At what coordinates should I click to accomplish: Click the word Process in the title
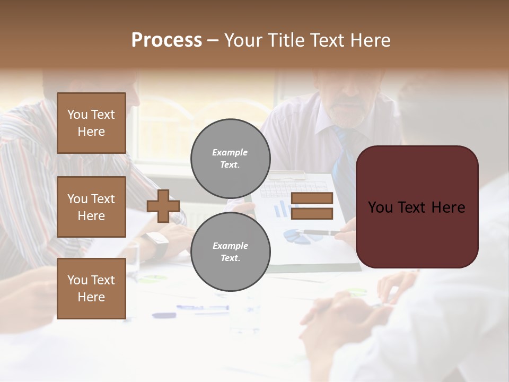click(x=166, y=40)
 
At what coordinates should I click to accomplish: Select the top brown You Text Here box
click(x=91, y=123)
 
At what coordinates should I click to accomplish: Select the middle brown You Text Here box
click(x=91, y=207)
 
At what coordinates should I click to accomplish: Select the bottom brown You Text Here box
click(x=91, y=288)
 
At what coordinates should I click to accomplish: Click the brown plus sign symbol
click(x=163, y=206)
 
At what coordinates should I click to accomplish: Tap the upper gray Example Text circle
click(x=230, y=158)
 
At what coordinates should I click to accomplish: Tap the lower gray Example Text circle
click(x=230, y=251)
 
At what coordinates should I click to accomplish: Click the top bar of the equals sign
click(x=312, y=198)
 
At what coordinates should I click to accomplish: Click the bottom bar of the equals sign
click(x=312, y=214)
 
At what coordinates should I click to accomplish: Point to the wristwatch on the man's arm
click(x=156, y=244)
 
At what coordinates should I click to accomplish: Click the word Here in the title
click(x=372, y=40)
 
